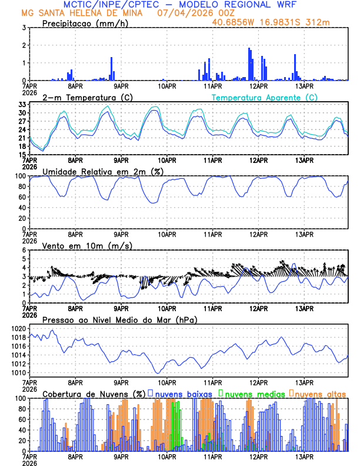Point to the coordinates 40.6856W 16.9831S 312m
click(x=279, y=22)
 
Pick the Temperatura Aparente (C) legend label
click(x=264, y=97)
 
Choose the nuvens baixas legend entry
click(x=183, y=393)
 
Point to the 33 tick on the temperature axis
click(x=22, y=104)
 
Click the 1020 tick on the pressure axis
click(x=18, y=328)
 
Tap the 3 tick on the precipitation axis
click(x=24, y=28)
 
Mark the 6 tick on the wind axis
click(x=24, y=250)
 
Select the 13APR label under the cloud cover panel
click(x=304, y=457)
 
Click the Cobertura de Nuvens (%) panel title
click(x=94, y=393)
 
